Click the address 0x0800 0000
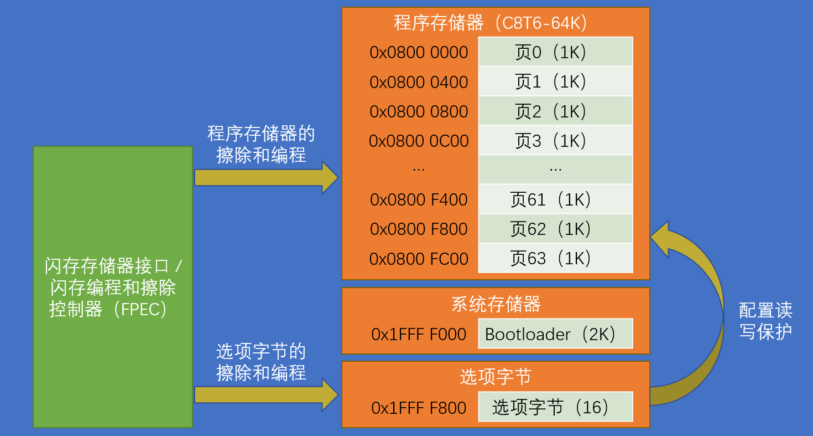point(419,53)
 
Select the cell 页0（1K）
point(555,52)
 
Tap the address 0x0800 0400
point(419,82)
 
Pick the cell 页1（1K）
point(555,81)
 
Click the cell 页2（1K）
point(555,111)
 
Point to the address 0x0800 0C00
point(419,141)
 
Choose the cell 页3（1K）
point(555,140)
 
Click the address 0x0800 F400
point(419,199)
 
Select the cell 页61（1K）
point(555,199)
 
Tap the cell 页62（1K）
point(555,228)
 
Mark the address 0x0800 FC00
point(419,258)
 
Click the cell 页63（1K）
point(555,258)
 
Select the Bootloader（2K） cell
point(555,334)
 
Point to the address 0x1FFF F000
point(419,334)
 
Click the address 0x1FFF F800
point(419,408)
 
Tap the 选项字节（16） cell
point(555,407)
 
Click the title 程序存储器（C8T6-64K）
point(496,23)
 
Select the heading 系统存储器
point(496,304)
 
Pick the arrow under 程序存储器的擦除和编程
point(265,178)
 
